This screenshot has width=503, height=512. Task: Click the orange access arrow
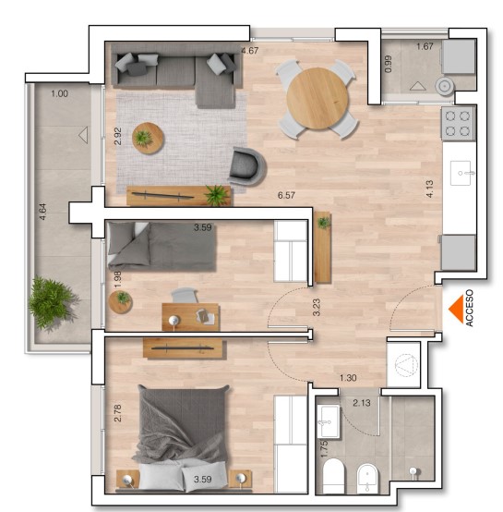[x=458, y=309]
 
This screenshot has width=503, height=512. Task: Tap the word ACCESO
[x=469, y=308]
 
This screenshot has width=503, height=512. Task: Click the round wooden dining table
[x=317, y=98]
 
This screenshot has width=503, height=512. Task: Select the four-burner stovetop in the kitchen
[x=458, y=124]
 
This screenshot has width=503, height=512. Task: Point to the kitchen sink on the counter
[x=461, y=173]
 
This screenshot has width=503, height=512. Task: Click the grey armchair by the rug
[x=247, y=166]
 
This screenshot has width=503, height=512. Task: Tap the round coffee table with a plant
[x=148, y=138]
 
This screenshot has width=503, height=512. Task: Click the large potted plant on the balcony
[x=52, y=302]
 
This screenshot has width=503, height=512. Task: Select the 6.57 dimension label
[x=286, y=195]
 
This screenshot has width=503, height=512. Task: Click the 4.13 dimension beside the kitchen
[x=430, y=189]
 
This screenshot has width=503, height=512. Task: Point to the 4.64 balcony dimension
[x=42, y=212]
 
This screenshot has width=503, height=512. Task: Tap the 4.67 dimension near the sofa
[x=250, y=51]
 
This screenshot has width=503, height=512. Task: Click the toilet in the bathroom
[x=333, y=476]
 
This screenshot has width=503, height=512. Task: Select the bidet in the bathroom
[x=367, y=479]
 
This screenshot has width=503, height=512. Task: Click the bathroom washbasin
[x=329, y=421]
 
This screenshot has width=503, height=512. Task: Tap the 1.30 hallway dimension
[x=348, y=378]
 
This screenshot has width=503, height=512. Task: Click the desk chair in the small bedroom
[x=185, y=295]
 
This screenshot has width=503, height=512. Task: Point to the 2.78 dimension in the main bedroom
[x=118, y=413]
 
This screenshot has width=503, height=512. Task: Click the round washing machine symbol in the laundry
[x=444, y=86]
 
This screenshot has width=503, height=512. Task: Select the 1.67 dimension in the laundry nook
[x=425, y=46]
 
